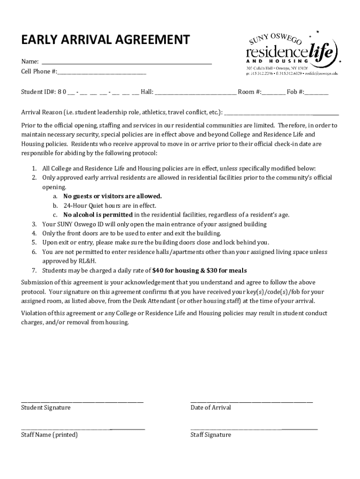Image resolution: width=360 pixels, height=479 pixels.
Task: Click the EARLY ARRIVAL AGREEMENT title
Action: point(106,40)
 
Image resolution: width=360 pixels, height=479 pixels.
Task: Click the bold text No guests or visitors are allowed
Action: point(112,196)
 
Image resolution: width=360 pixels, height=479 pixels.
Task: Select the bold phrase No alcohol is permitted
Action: point(98,215)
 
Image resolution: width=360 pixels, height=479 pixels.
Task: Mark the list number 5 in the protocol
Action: point(34,242)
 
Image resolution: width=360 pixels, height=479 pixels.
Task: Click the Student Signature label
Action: point(46,407)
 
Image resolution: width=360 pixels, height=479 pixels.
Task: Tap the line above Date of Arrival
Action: point(252,401)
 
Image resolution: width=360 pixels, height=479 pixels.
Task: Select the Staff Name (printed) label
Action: point(49,435)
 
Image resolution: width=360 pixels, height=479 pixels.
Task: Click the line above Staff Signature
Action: point(253,428)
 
